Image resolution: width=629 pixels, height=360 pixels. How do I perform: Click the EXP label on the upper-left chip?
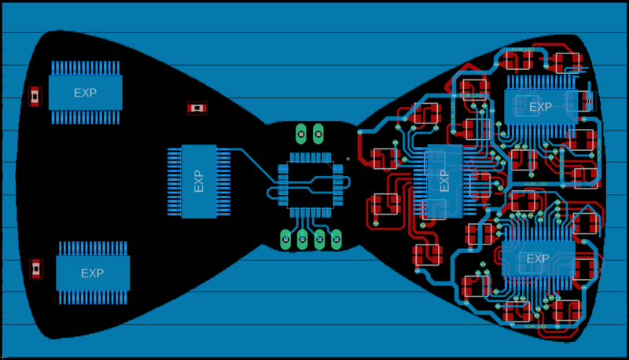pyautogui.click(x=85, y=93)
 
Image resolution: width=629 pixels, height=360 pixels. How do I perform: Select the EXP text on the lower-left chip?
pyautogui.click(x=92, y=274)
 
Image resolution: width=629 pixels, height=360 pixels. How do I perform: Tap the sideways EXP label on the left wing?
pyautogui.click(x=198, y=182)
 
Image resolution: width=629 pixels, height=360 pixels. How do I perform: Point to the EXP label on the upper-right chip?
pyautogui.click(x=540, y=107)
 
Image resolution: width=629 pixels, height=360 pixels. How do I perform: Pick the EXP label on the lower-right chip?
pyautogui.click(x=538, y=259)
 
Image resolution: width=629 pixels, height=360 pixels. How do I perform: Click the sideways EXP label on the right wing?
pyautogui.click(x=444, y=182)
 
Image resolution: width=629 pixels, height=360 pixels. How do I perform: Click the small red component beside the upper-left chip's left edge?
pyautogui.click(x=34, y=96)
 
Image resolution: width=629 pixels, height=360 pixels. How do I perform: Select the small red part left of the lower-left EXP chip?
pyautogui.click(x=35, y=268)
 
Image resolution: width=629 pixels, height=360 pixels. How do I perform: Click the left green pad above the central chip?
pyautogui.click(x=300, y=133)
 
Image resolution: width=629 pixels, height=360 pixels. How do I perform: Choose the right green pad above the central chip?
pyautogui.click(x=318, y=133)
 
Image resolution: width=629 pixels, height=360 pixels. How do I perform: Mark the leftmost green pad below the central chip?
pyautogui.click(x=285, y=237)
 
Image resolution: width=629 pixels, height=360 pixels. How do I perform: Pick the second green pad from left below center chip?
pyautogui.click(x=302, y=237)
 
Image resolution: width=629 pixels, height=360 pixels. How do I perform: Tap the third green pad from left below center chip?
pyautogui.click(x=319, y=237)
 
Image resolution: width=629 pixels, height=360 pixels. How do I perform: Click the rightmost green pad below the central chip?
pyautogui.click(x=336, y=237)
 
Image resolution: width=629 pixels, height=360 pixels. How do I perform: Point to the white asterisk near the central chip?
pyautogui.click(x=348, y=160)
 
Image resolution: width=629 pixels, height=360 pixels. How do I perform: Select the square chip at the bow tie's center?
pyautogui.click(x=308, y=186)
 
